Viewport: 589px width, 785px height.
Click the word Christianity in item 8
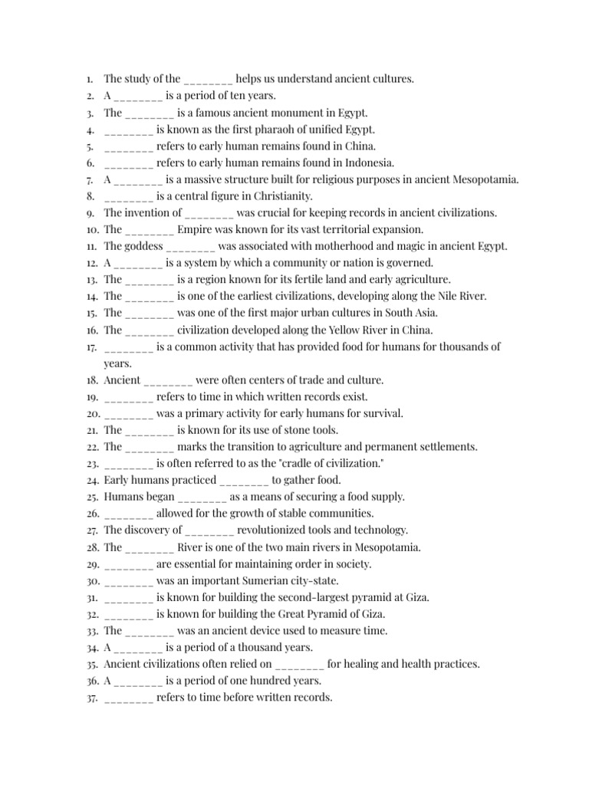[x=285, y=196]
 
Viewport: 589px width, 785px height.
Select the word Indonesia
[x=371, y=163]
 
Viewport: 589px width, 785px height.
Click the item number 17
[x=90, y=347]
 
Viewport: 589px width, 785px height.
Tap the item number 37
[x=90, y=698]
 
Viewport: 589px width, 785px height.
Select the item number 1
[x=90, y=79]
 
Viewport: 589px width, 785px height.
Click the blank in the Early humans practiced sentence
[x=244, y=481]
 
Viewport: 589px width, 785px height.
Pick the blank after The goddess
[x=190, y=246]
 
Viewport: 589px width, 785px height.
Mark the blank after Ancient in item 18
[x=168, y=380]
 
